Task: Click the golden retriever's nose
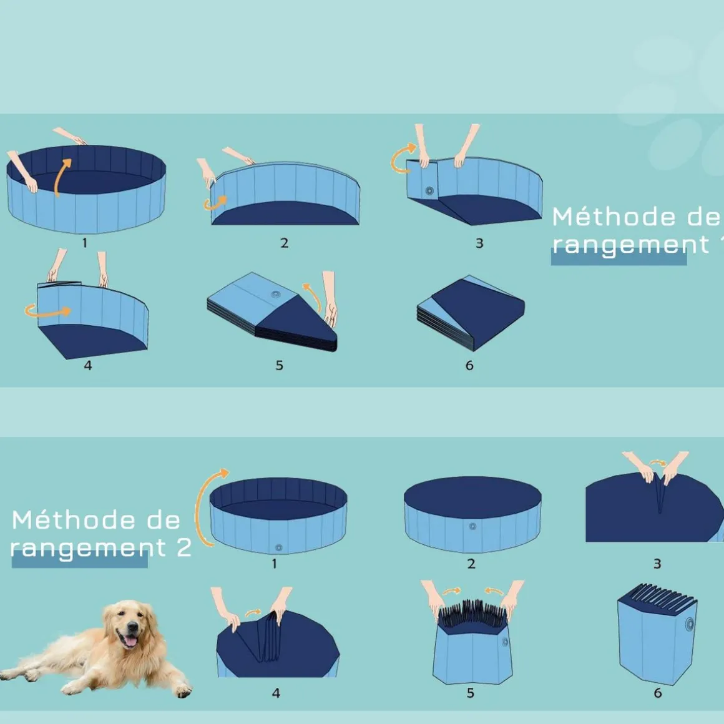coord(132,628)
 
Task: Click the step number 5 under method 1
coord(280,365)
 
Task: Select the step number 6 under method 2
coord(658,693)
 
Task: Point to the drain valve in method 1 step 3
coord(429,190)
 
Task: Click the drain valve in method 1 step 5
coord(276,294)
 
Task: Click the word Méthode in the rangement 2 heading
coord(74,520)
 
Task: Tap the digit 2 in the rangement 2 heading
coord(184,547)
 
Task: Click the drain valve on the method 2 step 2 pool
coord(472,526)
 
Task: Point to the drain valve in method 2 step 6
coord(690,624)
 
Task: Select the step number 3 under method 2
coord(657,564)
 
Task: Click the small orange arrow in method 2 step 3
coord(658,462)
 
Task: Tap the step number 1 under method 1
coord(84,243)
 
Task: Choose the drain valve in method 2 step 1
coord(279,547)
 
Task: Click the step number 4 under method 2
coord(276,693)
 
